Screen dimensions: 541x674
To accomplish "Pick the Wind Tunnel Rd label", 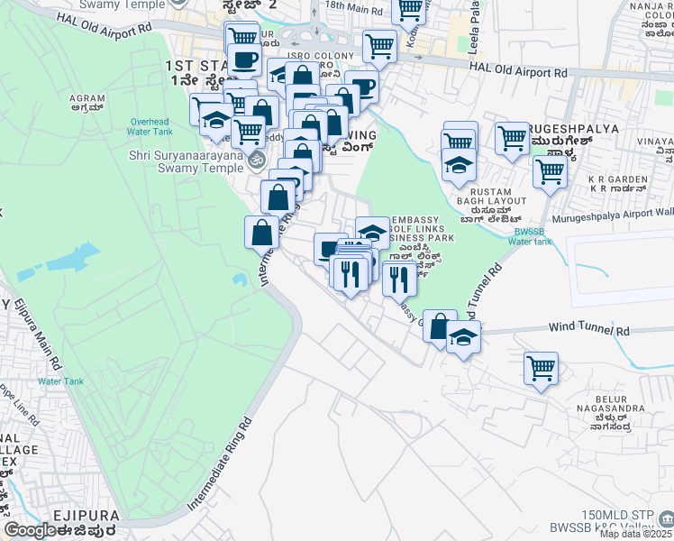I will point(588,330).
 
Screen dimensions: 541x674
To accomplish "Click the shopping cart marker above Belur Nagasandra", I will point(541,368).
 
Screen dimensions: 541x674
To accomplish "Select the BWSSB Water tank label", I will point(528,236).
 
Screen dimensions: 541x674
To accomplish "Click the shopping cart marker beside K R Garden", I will point(550,171).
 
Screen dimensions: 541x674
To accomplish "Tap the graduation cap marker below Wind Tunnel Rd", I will point(463,338).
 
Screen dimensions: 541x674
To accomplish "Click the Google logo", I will point(31,530).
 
